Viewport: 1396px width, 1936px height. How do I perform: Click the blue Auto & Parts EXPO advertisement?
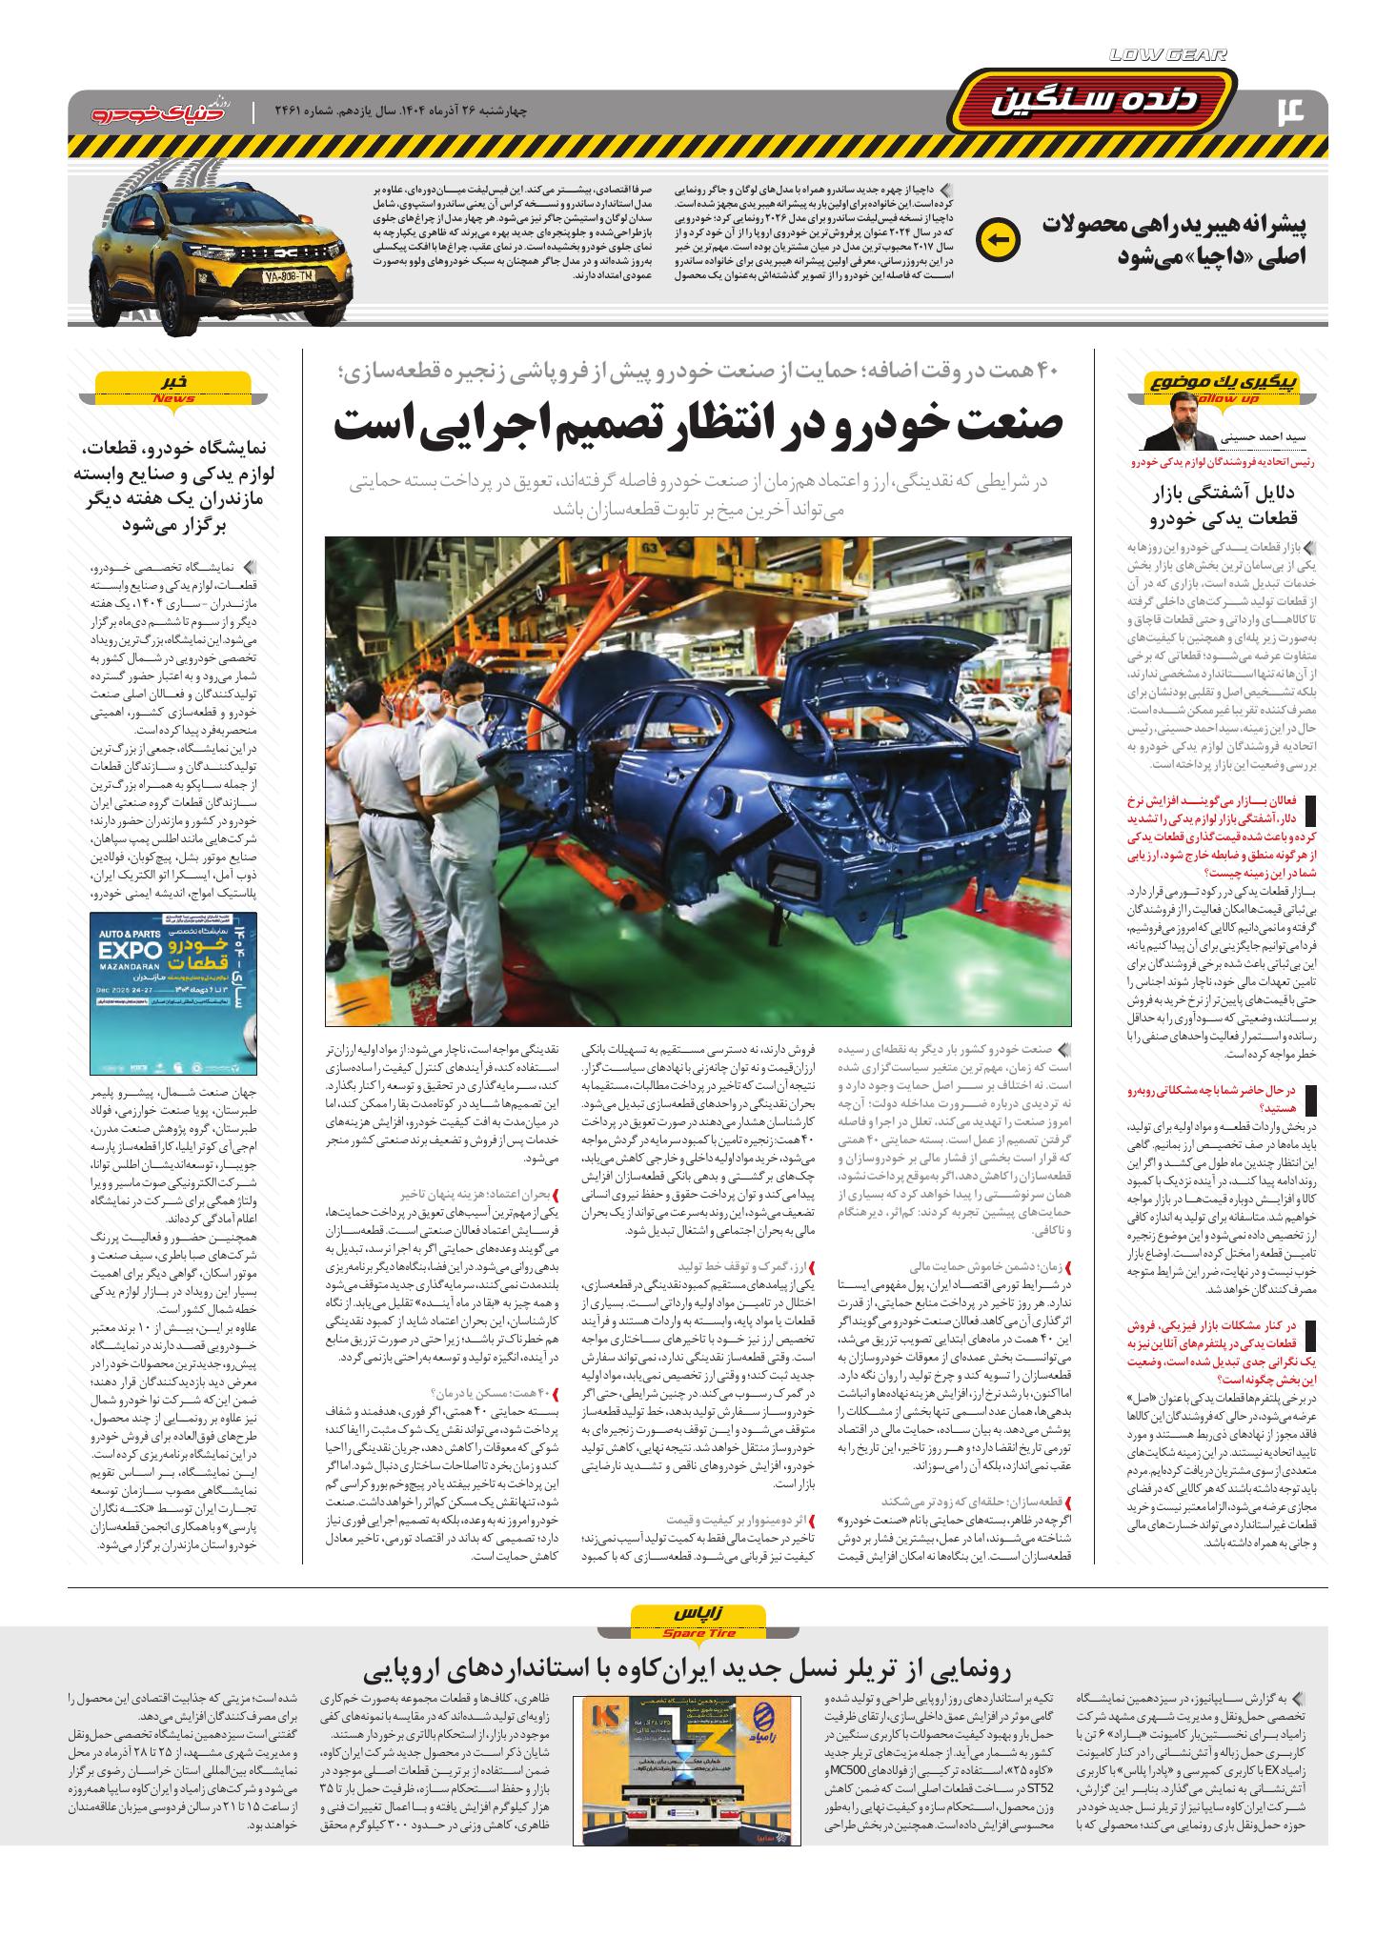click(x=172, y=993)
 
